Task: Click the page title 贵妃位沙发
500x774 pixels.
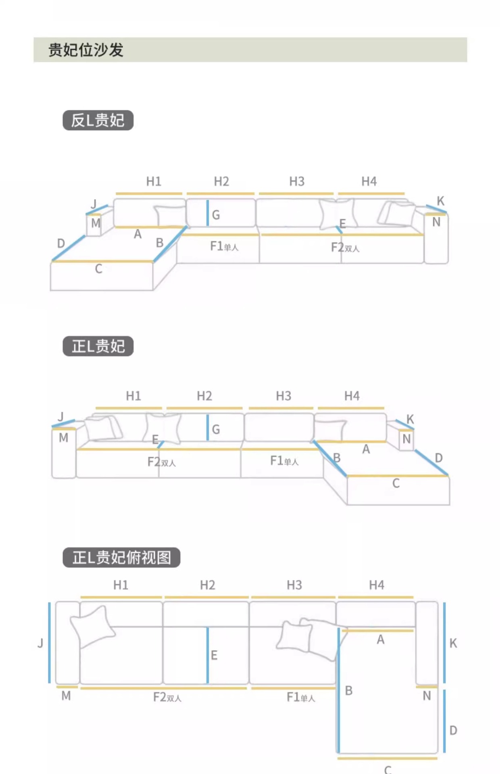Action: tap(85, 50)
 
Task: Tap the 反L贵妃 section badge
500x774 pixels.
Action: tap(98, 120)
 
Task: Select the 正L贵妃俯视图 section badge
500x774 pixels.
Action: tap(121, 558)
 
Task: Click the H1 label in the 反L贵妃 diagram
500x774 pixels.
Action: tap(154, 181)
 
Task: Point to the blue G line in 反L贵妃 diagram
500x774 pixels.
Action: tap(208, 213)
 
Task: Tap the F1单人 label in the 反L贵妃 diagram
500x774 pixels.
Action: tap(224, 246)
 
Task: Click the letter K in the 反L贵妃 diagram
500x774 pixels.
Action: tap(440, 201)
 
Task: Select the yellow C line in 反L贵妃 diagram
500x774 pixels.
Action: tap(102, 262)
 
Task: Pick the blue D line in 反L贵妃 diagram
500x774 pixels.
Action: tap(69, 248)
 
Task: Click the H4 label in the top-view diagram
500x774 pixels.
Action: tap(377, 585)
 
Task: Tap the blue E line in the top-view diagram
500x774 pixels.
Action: tap(208, 655)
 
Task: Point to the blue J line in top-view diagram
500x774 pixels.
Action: tap(50, 643)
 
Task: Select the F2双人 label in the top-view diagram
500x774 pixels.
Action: tap(167, 697)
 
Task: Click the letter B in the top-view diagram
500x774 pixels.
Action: tap(349, 691)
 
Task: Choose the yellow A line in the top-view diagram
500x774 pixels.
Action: tap(378, 631)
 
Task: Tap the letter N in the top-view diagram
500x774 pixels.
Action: tap(427, 696)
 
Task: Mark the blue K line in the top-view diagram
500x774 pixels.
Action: tap(444, 643)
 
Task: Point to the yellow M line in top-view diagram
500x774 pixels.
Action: tap(67, 687)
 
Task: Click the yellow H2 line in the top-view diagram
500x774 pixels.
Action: tap(206, 597)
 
